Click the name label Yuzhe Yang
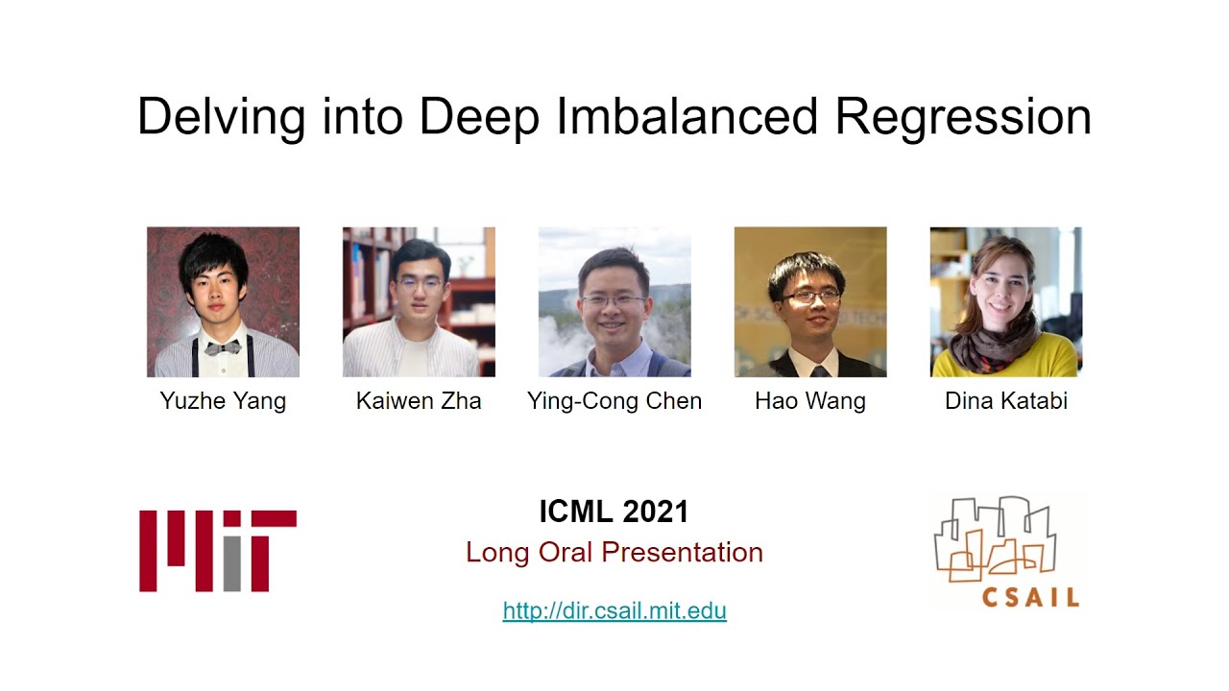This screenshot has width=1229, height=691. pos(223,400)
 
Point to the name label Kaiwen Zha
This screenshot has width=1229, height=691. pos(419,400)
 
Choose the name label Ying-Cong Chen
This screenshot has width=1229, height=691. pos(614,400)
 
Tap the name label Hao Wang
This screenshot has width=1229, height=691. pos(810,400)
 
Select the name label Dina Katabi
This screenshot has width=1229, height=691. pos(1006,400)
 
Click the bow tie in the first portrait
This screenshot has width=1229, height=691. pos(223,346)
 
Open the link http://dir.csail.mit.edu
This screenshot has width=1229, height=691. pos(614,610)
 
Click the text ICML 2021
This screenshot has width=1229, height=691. pos(614,512)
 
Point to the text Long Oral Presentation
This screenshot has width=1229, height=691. pos(614,552)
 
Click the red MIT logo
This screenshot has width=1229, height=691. pos(217,550)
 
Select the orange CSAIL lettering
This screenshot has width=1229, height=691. pos(1030,596)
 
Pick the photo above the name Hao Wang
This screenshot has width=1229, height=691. pos(810,301)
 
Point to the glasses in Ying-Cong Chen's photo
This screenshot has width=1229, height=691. pos(613,300)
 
